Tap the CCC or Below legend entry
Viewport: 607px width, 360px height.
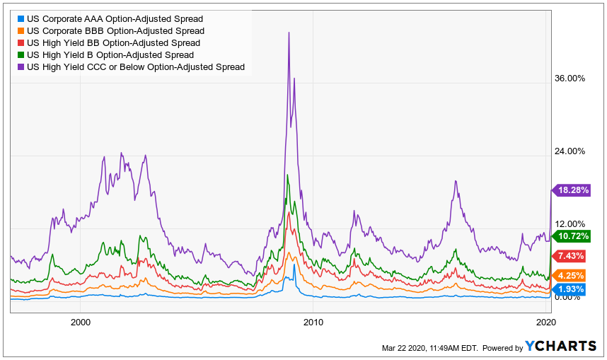point(135,66)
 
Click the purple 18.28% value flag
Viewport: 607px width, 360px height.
point(571,190)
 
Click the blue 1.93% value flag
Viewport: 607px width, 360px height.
point(569,289)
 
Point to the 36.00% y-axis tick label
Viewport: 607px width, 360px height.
point(570,79)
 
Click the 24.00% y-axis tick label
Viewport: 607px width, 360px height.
point(570,151)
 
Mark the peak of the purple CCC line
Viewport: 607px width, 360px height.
point(289,33)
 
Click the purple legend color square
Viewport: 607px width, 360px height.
point(21,66)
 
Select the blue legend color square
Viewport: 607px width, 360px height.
point(21,18)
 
